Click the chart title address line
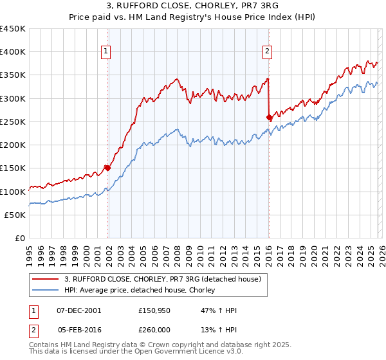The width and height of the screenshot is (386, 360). point(193,7)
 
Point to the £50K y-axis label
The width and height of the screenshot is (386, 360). point(15,215)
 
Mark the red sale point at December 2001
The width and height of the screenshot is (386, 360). point(107,168)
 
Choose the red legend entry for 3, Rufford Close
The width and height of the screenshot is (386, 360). point(162,279)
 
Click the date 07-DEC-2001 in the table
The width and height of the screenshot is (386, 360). point(78,310)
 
